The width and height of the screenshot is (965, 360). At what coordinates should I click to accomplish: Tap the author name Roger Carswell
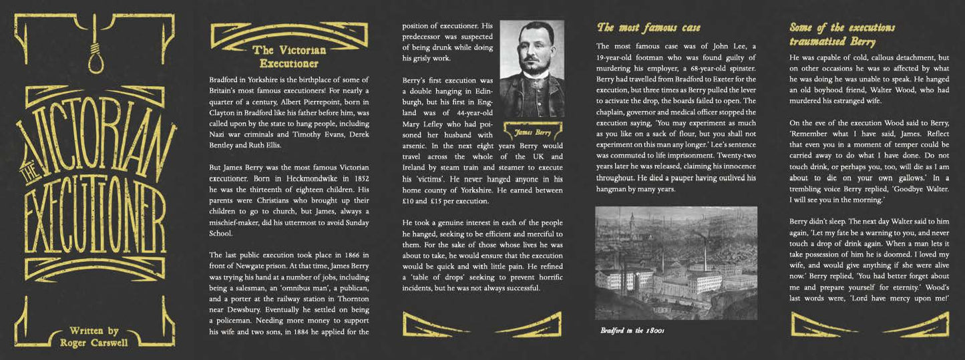[x=93, y=343]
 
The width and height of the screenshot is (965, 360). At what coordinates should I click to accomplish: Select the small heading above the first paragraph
[x=288, y=57]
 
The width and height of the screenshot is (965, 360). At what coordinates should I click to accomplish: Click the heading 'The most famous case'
[x=648, y=27]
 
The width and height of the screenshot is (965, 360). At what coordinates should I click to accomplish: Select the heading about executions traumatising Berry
[x=841, y=35]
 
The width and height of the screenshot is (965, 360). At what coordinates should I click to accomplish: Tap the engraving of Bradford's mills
[x=676, y=262]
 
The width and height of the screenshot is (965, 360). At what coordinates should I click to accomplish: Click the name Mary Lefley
[x=422, y=123]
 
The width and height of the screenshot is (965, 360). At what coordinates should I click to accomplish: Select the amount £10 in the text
[x=410, y=201]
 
